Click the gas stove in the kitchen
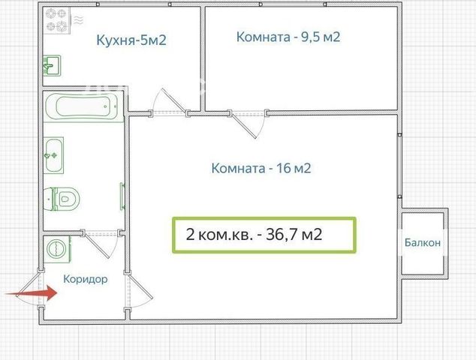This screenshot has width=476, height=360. pyautogui.click(x=57, y=20)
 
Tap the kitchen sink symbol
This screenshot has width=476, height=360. pyautogui.click(x=52, y=65)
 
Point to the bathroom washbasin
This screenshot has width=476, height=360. pyautogui.click(x=53, y=155)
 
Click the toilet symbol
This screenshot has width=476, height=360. pyautogui.click(x=62, y=199)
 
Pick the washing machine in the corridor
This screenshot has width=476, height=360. pyautogui.click(x=57, y=249)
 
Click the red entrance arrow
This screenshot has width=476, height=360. pyautogui.click(x=32, y=293)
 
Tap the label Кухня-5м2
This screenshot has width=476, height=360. pyautogui.click(x=131, y=40)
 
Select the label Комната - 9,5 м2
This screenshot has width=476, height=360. pyautogui.click(x=288, y=37)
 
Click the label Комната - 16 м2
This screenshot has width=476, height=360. pyautogui.click(x=261, y=168)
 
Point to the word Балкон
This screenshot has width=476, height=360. pyautogui.click(x=423, y=243)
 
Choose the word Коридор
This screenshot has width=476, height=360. pyautogui.click(x=86, y=279)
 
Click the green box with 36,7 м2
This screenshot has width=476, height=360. pyautogui.click(x=264, y=235)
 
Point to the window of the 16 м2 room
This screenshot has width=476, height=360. pyautogui.click(x=400, y=166)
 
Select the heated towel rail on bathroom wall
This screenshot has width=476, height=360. pyautogui.click(x=122, y=196)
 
